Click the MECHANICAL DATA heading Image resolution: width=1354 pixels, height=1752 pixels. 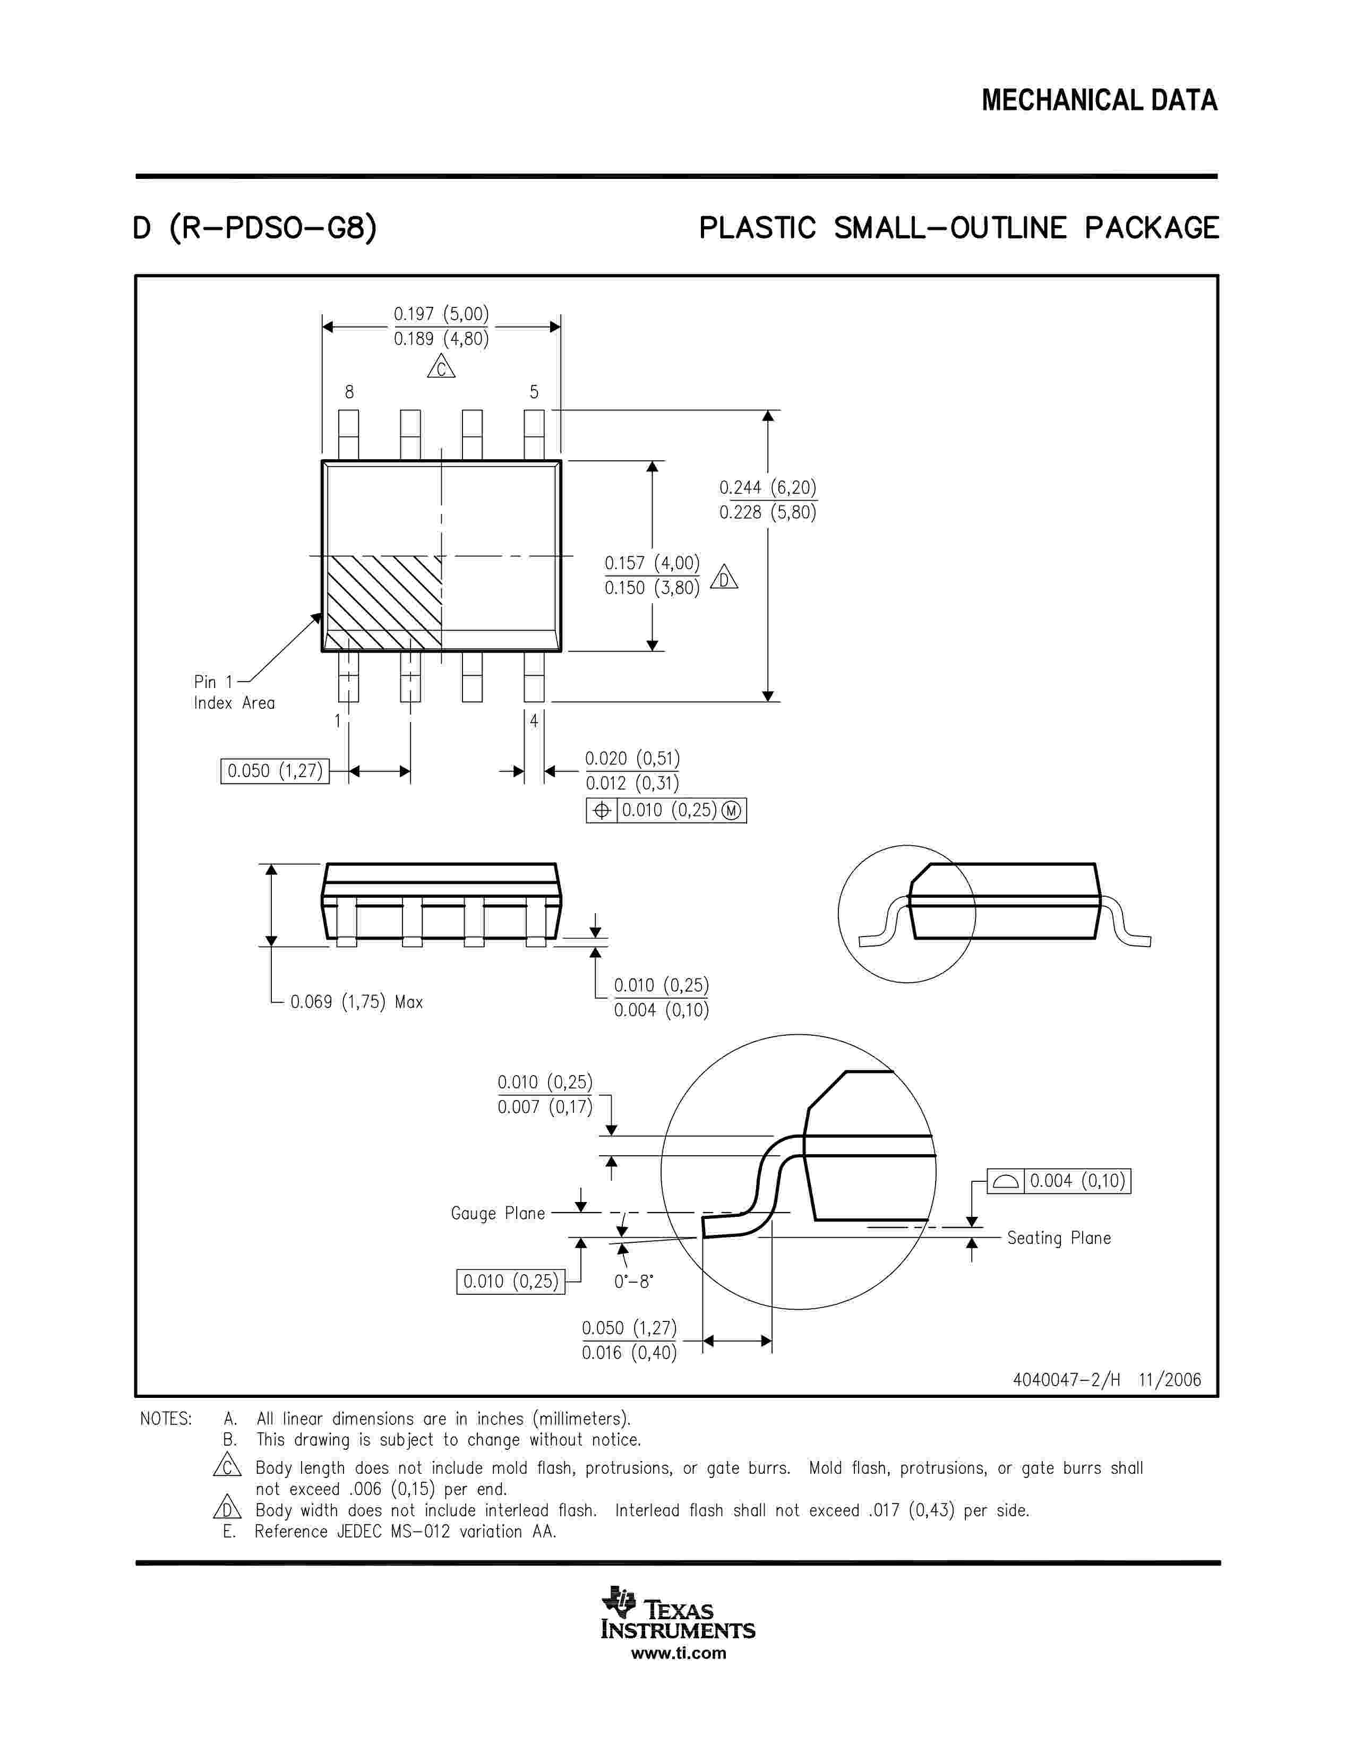tap(1099, 100)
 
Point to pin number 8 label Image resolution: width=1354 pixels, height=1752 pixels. tap(349, 392)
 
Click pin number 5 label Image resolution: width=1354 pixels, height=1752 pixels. tap(534, 392)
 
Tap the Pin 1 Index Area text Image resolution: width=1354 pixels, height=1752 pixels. tap(234, 692)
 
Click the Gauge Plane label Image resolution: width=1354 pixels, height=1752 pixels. tap(498, 1214)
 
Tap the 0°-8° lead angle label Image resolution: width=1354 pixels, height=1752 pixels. tap(633, 1282)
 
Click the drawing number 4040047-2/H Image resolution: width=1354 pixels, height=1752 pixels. tap(1066, 1380)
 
